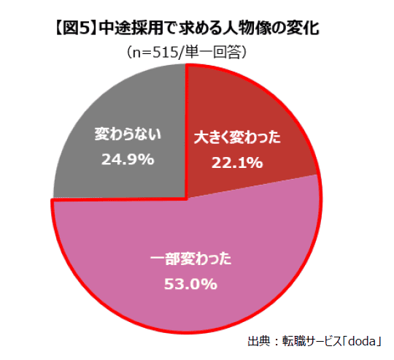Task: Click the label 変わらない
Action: pyautogui.click(x=128, y=134)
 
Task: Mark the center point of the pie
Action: pyautogui.click(x=187, y=197)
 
